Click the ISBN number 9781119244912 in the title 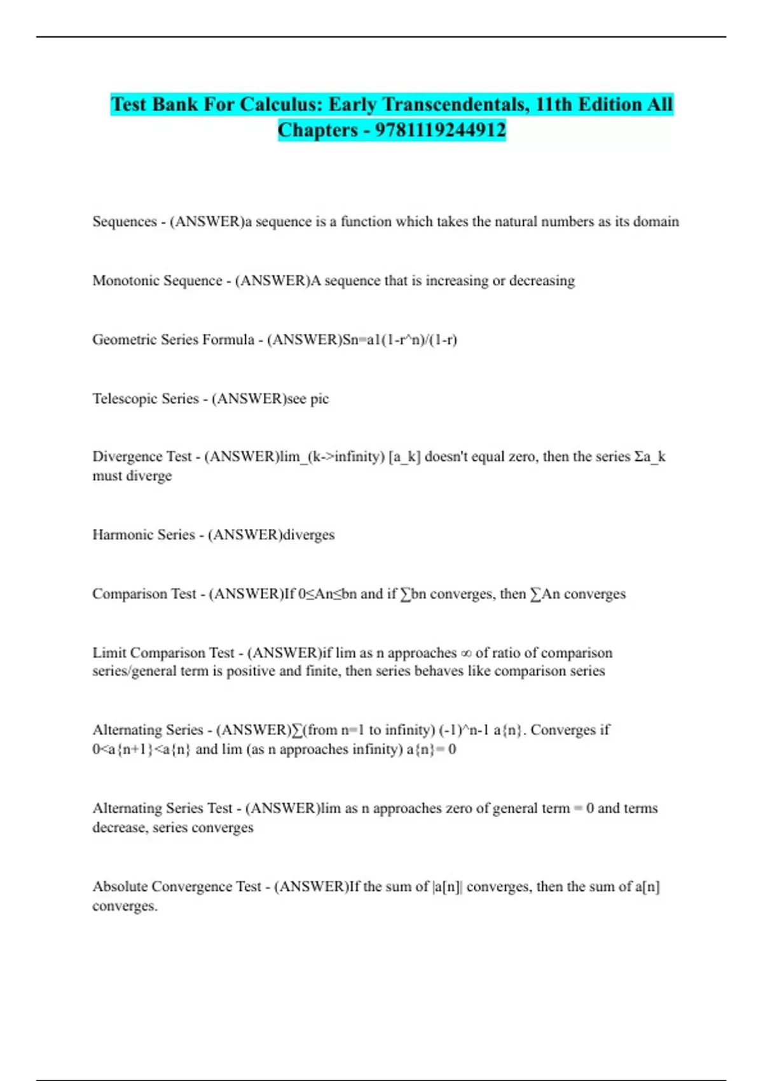[440, 130]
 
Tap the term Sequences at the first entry [125, 221]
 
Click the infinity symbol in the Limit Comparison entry [466, 653]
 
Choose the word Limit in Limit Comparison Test [109, 653]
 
